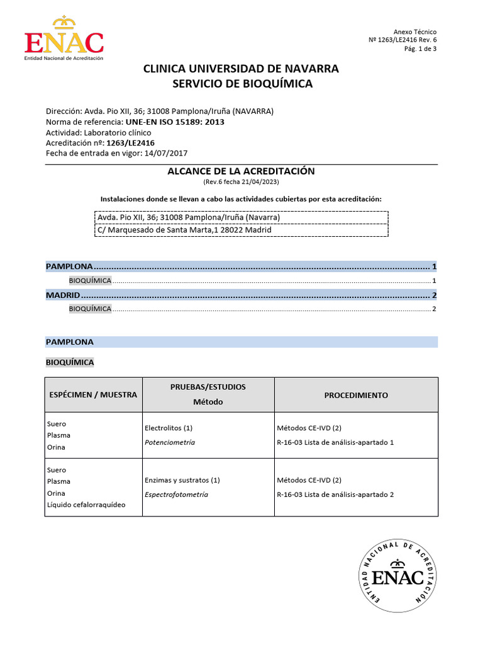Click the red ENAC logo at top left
pos(64,38)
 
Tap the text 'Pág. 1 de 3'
pos(420,50)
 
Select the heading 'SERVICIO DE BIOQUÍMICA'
pos(241,84)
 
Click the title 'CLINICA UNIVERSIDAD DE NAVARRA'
pos(241,69)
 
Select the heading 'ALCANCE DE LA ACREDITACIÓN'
pos(241,171)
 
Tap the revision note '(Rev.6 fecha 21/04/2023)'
pos(241,182)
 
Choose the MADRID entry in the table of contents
pos(63,295)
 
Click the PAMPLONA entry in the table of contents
pos(69,266)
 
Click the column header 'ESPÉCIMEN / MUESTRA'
pos(93,395)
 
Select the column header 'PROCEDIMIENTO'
pos(356,395)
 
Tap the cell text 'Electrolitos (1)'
pos(169,428)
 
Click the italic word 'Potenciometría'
pos(170,442)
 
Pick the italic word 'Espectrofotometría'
pos(176,494)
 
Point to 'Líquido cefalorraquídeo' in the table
pos(86,505)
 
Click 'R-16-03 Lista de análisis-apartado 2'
pos(335,494)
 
